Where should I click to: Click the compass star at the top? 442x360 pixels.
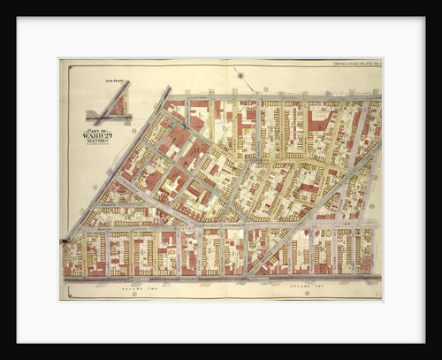coord(240,76)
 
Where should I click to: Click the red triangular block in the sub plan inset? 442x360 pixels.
coord(115,104)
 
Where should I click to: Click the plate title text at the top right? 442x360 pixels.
coord(349,63)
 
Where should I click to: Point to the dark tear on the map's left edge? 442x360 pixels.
coord(64,240)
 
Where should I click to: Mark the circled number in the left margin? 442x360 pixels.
coord(94,187)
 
